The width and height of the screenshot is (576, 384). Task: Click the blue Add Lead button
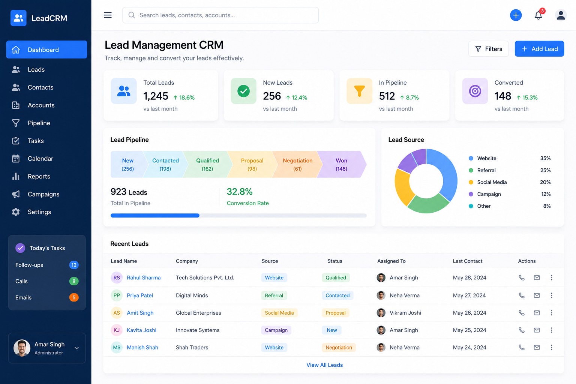pos(539,49)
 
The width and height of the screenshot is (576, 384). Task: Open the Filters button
pos(488,49)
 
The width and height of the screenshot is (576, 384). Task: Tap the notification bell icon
pos(538,15)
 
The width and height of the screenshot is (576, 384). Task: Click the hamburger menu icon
pos(108,15)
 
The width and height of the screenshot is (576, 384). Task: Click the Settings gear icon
pos(16,212)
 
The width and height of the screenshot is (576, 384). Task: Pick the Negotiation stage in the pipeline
pos(297,164)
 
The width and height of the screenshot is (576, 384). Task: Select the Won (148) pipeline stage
pos(342,164)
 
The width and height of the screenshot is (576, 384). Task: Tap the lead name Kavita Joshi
pos(141,330)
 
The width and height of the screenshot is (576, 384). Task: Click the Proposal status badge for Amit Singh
pos(336,313)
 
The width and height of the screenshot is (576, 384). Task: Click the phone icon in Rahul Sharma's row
pos(522,277)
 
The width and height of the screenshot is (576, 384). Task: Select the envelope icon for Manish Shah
pos(537,347)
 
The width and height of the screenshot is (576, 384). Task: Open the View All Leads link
pos(324,365)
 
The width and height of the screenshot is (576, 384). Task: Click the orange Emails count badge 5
pos(74,297)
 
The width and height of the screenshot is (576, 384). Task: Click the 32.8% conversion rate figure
pos(240,192)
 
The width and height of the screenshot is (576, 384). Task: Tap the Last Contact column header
pos(468,261)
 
